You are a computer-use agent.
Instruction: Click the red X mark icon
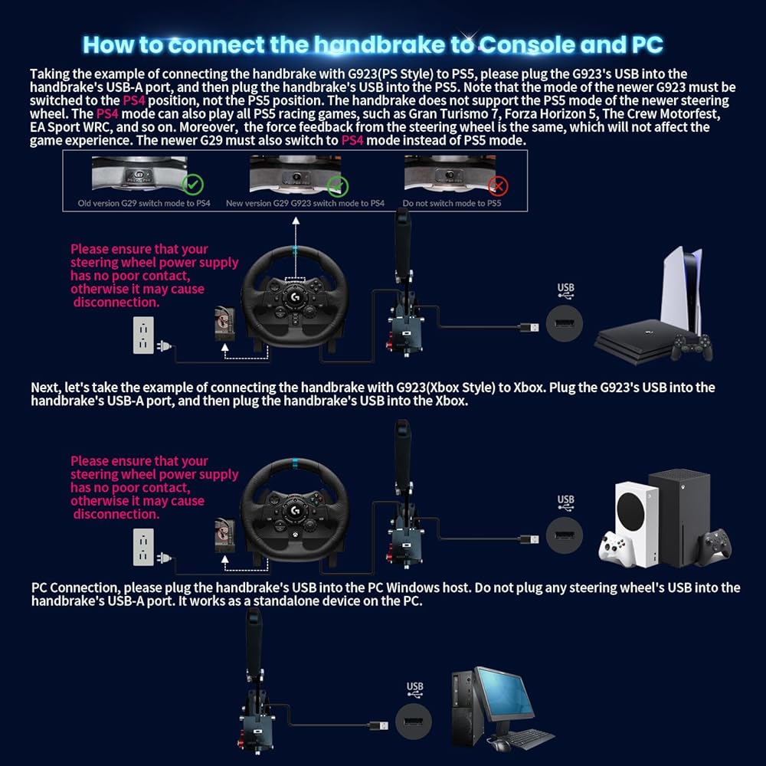498,185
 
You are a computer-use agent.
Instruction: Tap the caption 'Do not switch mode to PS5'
452,204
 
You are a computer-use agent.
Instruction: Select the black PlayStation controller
692,347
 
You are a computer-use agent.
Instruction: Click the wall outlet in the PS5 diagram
143,336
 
